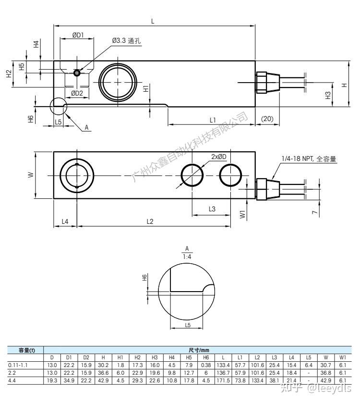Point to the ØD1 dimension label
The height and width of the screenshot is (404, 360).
[78, 35]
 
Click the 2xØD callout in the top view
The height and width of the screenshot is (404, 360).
[218, 157]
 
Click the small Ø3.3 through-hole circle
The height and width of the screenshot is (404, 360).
[77, 73]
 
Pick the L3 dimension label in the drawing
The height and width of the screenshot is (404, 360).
[212, 209]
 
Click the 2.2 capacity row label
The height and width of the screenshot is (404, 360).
[12, 372]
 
